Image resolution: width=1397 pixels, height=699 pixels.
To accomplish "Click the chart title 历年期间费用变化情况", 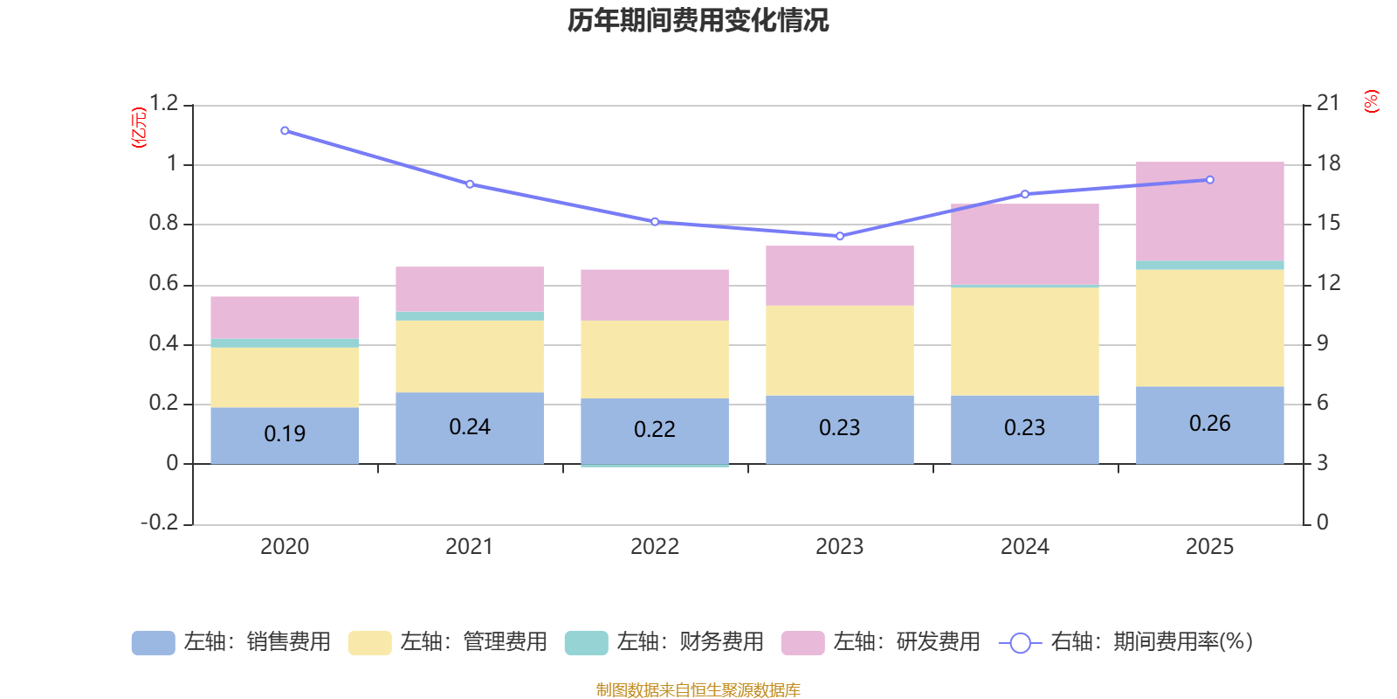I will tap(698, 20).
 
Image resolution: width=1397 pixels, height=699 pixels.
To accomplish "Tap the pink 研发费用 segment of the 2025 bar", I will tap(1209, 211).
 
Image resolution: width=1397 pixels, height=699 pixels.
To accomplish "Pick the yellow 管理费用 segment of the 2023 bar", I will tap(839, 350).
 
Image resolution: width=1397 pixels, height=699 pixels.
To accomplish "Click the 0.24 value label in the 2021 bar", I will tap(470, 427).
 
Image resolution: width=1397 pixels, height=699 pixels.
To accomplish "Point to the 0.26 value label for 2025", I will tap(1209, 424).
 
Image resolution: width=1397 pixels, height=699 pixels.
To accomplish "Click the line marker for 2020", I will tap(285, 131).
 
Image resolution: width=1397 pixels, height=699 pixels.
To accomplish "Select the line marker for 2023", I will tap(840, 236).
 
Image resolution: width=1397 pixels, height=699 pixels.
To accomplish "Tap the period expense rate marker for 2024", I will tap(1025, 194).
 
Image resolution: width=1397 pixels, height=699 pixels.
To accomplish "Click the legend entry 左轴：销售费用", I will tap(231, 642).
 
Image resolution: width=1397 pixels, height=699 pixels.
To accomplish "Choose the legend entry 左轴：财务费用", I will tap(664, 642).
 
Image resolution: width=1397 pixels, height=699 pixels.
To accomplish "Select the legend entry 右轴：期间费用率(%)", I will tap(1125, 642).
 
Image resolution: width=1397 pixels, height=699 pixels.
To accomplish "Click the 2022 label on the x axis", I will tap(655, 547).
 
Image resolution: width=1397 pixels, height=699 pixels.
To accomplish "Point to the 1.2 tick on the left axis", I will tap(163, 104).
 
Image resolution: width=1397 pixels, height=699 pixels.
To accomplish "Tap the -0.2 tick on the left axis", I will tap(160, 523).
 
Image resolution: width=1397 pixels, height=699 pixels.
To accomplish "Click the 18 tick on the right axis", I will tap(1329, 163).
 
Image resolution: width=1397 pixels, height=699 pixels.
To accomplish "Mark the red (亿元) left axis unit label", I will tap(138, 128).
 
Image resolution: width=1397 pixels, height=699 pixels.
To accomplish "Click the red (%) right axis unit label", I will tap(1372, 101).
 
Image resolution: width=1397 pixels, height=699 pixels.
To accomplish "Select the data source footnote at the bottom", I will tap(698, 690).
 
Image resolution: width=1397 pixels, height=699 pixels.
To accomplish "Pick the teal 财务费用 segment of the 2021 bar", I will tap(470, 316).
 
